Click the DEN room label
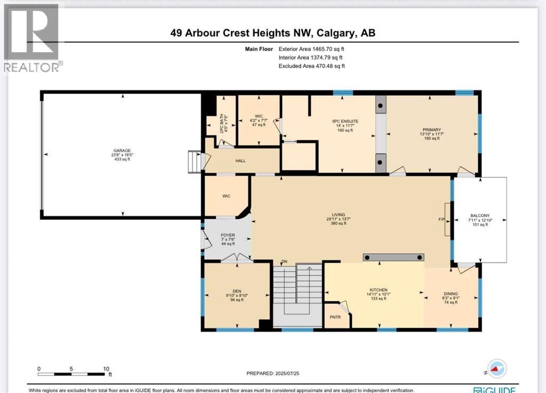pyautogui.click(x=230, y=291)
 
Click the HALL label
pyautogui.click(x=240, y=161)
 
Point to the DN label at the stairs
pyautogui.click(x=285, y=261)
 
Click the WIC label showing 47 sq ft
pyautogui.click(x=259, y=116)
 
